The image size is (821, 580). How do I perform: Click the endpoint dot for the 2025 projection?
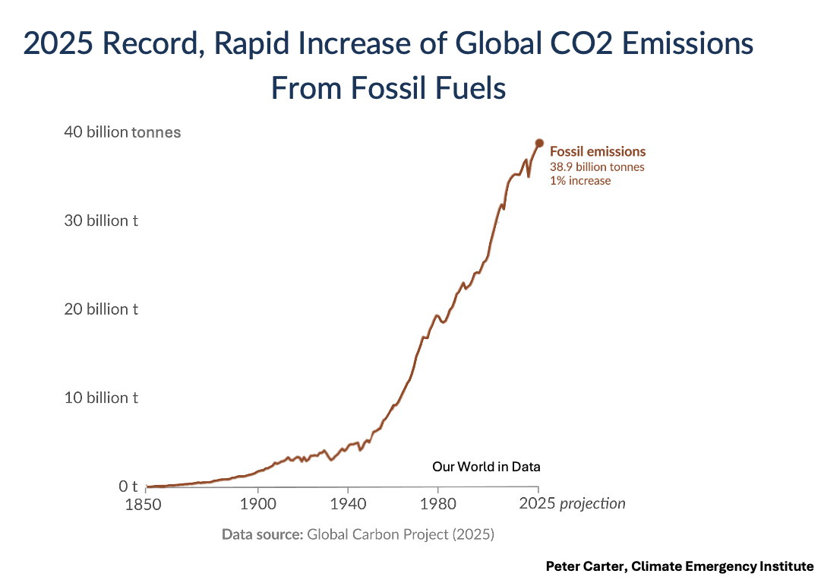click(x=539, y=143)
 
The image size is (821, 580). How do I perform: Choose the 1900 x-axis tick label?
click(x=258, y=504)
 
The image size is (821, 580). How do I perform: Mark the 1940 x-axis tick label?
click(x=348, y=504)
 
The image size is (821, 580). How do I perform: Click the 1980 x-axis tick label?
click(x=437, y=504)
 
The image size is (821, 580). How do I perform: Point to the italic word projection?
click(x=592, y=504)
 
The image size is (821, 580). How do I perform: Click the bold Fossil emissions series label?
click(x=598, y=151)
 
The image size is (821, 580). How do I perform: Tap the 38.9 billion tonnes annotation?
click(x=597, y=167)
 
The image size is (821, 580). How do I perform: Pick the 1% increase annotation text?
click(x=580, y=181)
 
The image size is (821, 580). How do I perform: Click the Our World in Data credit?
click(x=486, y=467)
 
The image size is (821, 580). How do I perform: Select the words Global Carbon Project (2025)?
click(x=400, y=534)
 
